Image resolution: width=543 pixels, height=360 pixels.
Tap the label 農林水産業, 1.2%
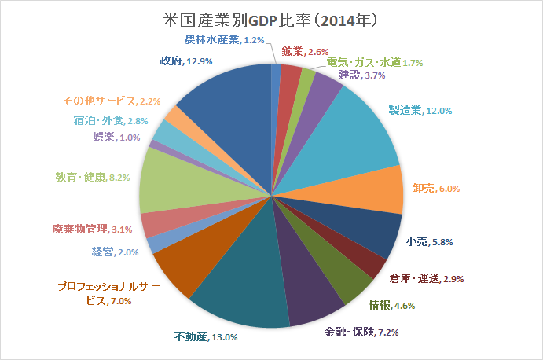click(224, 39)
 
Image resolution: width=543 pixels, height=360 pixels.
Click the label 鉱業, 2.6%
click(305, 51)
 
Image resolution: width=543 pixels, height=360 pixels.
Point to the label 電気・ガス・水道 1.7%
click(375, 62)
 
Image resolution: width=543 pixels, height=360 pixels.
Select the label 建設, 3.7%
click(362, 75)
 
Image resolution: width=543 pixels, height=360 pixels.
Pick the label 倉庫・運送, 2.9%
click(426, 278)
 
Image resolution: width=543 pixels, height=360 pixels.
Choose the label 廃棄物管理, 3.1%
click(93, 229)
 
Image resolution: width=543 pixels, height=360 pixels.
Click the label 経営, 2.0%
click(116, 252)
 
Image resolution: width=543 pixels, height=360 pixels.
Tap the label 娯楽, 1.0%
click(117, 138)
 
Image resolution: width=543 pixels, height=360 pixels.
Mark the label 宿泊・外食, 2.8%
click(111, 120)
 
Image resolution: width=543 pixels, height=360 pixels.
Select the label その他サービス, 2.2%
click(112, 101)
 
